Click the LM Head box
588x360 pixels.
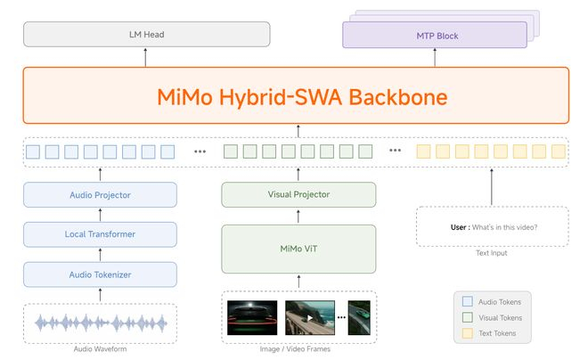[146, 35]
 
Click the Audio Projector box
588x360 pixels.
[100, 194]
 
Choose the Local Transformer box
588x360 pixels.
[100, 234]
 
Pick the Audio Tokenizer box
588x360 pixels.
[100, 274]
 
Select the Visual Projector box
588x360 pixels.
[298, 194]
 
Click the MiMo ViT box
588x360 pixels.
[298, 249]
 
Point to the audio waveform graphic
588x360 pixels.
[100, 323]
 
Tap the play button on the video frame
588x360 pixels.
[310, 316]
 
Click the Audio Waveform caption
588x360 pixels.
[100, 348]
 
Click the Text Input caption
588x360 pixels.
[492, 253]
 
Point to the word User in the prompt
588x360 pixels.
[459, 226]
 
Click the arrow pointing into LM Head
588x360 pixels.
[146, 57]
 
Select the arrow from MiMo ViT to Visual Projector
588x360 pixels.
[298, 216]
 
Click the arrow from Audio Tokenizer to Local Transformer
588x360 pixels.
[100, 254]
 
